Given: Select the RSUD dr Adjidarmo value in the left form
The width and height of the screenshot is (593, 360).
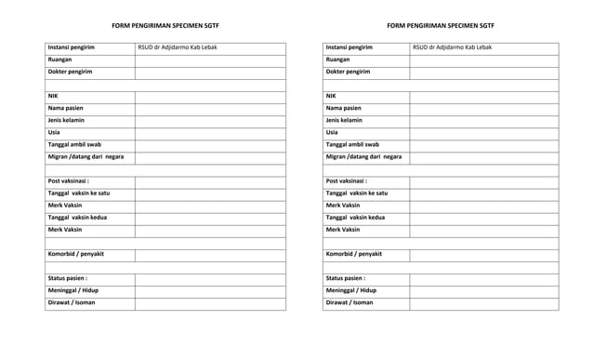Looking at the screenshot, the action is click(177, 47).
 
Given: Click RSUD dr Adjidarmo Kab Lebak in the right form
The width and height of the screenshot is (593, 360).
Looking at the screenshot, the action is click(453, 47).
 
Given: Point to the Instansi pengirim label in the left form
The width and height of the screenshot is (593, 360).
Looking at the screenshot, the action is click(72, 47).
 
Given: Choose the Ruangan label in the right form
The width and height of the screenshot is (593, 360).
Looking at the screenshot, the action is click(338, 60).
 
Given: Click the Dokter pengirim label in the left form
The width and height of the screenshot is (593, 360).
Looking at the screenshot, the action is click(71, 72).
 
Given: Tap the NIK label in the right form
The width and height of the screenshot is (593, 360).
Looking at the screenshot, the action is click(331, 96).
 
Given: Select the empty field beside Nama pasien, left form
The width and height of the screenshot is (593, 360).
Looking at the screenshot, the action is click(209, 108).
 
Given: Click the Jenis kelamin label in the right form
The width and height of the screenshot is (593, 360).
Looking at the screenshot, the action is click(344, 120).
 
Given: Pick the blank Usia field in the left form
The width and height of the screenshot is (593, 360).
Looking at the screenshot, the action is click(209, 132).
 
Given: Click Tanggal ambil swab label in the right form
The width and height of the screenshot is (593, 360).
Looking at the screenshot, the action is click(352, 144).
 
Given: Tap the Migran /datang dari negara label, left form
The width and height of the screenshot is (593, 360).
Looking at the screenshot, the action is click(86, 156).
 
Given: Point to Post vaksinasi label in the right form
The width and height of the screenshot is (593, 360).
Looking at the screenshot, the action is click(346, 180).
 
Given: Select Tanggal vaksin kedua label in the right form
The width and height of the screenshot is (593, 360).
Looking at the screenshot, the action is click(356, 217).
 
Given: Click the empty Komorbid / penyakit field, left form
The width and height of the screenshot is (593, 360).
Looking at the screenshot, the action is click(209, 254).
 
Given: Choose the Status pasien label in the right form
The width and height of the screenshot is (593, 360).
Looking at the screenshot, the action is click(345, 277).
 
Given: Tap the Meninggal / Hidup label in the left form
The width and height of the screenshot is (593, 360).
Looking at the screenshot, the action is click(73, 289).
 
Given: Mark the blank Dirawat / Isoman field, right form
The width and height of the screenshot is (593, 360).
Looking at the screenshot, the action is click(483, 301).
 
